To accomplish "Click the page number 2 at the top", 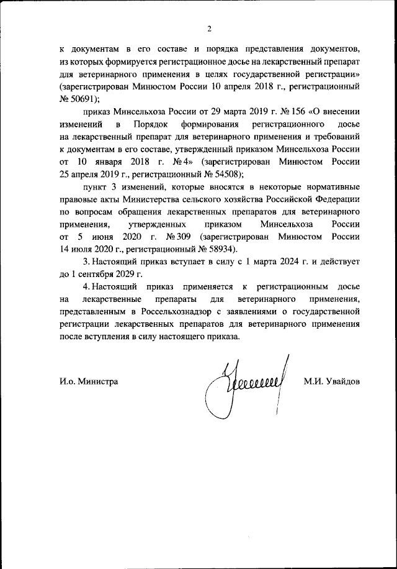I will [x=210, y=28].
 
